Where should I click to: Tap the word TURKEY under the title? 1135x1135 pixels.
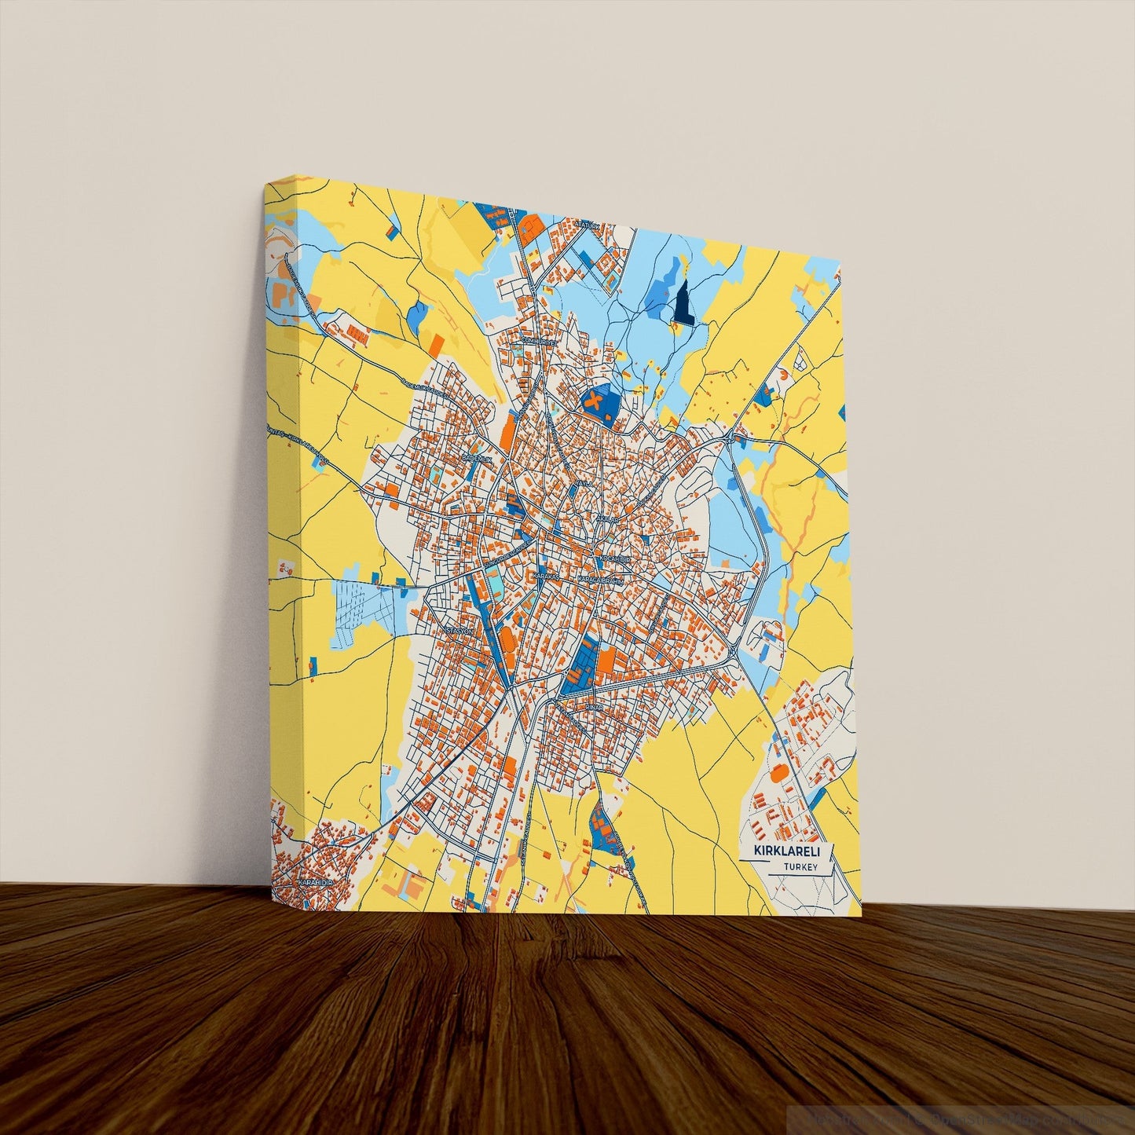tap(800, 867)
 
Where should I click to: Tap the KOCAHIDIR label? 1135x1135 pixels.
tap(615, 558)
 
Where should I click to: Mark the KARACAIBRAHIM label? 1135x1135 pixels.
tap(600, 580)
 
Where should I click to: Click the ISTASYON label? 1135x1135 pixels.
tap(459, 630)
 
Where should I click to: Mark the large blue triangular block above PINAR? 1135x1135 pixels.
tap(580, 667)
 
